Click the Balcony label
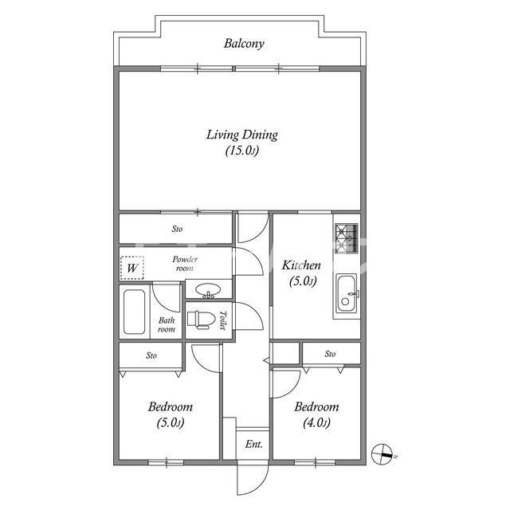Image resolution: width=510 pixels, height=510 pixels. [244, 43]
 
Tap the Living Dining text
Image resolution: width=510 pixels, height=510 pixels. [242, 135]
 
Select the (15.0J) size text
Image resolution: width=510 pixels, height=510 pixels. [242, 151]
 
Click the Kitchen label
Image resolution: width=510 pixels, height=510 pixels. [301, 265]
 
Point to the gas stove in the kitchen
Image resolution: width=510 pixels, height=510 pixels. [347, 238]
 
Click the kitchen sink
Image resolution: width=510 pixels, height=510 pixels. [347, 294]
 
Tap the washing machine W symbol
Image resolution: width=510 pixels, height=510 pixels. [132, 268]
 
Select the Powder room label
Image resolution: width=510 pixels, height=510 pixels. [185, 264]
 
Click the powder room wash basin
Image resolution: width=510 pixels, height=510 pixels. [208, 290]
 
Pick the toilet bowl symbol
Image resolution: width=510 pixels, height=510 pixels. [201, 320]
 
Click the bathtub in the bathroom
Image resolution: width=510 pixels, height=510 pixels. [135, 312]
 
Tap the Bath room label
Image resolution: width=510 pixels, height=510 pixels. [167, 324]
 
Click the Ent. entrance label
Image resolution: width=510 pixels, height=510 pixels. [253, 444]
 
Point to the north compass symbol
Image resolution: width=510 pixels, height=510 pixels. [382, 454]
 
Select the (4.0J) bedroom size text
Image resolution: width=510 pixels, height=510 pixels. [316, 423]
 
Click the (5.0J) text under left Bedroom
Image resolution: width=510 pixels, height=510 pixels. [171, 423]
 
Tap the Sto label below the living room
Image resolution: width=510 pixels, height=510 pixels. [177, 229]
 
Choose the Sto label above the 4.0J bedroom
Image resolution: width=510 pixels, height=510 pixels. [330, 354]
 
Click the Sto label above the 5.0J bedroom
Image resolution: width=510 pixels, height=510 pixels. [151, 355]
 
